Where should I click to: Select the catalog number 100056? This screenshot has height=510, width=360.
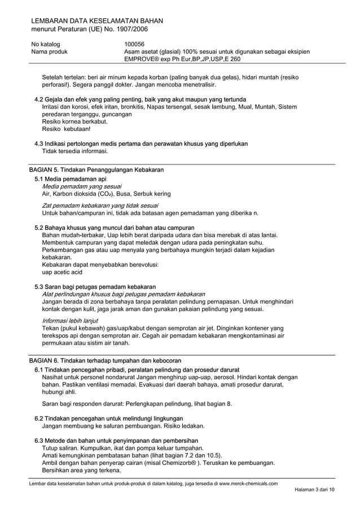coord(134,44)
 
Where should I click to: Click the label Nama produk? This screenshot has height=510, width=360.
coord(50,51)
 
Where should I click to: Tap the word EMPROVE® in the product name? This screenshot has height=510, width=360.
coord(142,59)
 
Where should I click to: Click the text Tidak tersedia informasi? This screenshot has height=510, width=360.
coord(75,151)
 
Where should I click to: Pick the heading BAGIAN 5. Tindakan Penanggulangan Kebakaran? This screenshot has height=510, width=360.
coord(96,170)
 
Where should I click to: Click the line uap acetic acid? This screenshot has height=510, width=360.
coord(62,272)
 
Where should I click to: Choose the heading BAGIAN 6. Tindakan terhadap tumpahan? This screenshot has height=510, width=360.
coord(105,360)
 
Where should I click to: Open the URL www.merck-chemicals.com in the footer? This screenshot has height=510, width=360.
coord(248,484)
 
